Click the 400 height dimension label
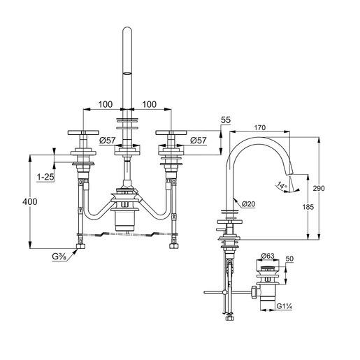pos(30,201)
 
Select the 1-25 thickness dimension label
pos(45,178)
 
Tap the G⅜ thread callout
pos(59,257)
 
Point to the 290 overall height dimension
pos(319,188)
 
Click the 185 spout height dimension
pos(308,207)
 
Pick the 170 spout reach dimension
pos(259,127)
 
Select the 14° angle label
pos(282,186)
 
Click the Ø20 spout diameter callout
pos(248,204)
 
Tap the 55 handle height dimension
pos(226,120)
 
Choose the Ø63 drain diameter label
pos(268,256)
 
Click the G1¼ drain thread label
pos(285,306)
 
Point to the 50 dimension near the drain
pos(289,259)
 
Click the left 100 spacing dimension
pos(106,104)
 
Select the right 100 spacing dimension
pos(149,104)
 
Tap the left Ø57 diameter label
pos(108,141)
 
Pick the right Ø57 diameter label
pos(198,141)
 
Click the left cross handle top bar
pos(83,132)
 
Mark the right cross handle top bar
pos(171,132)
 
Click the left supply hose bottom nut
pos(80,247)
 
